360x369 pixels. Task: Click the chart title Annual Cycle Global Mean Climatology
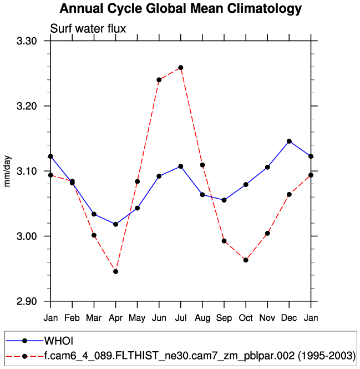[180, 9]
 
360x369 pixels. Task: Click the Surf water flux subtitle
[88, 28]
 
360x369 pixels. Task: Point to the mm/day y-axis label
[8, 171]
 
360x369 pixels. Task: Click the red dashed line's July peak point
[181, 68]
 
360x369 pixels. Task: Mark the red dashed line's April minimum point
[115, 271]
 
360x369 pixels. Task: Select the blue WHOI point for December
[289, 141]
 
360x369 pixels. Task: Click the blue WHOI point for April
[115, 224]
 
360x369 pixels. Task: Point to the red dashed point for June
[159, 80]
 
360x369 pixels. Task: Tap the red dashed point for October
[246, 260]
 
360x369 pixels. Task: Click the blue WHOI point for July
[181, 166]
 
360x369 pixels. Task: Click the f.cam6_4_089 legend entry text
[200, 355]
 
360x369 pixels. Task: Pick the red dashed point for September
[224, 241]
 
